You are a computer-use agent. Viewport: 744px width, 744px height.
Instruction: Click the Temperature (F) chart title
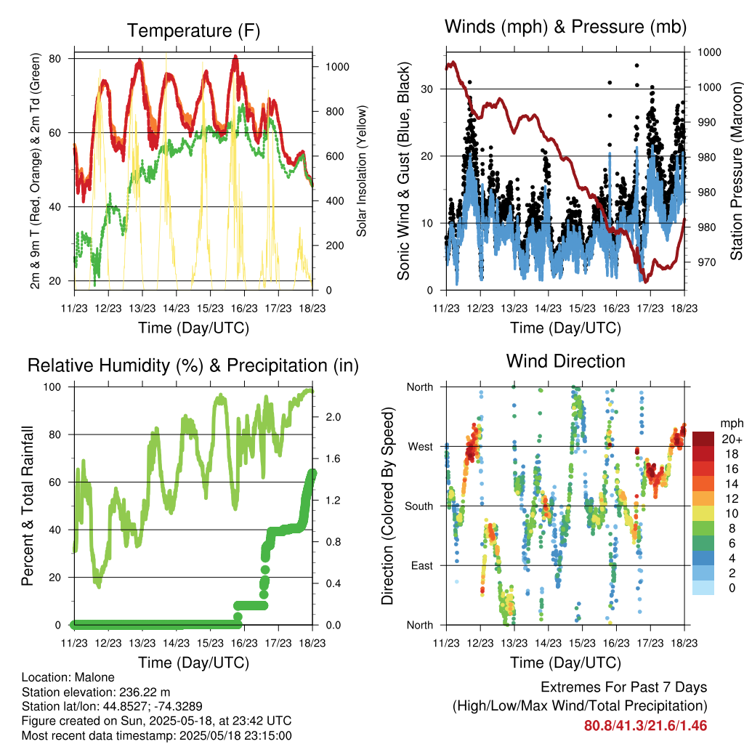pos(193,31)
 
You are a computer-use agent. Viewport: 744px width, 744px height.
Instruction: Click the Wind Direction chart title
pos(565,361)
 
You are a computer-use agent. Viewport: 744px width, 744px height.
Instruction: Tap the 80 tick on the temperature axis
pos(55,59)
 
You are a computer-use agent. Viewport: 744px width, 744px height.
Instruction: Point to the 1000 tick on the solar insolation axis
pos(337,67)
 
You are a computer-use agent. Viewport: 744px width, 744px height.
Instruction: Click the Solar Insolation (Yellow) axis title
pos(362,171)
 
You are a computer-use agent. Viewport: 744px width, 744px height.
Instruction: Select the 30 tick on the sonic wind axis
pos(426,89)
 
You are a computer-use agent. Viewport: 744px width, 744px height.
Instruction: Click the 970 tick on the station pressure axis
pos(706,262)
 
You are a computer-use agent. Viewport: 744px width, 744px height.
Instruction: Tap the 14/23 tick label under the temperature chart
pos(176,308)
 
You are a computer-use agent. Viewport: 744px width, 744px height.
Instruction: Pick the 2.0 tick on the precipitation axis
pos(333,417)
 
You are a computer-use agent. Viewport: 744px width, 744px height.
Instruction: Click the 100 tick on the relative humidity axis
pos(52,387)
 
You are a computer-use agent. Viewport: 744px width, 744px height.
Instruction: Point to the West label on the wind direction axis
pos(421,447)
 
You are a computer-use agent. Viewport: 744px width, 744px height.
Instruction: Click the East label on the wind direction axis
pos(422,565)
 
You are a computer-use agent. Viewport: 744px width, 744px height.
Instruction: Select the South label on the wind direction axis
pos(419,506)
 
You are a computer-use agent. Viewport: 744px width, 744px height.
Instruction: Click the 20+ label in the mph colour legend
pos(732,440)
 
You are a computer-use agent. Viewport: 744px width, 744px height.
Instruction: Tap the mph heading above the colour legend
pos(732,424)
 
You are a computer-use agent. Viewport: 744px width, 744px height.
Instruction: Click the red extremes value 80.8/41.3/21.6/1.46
pos(645,726)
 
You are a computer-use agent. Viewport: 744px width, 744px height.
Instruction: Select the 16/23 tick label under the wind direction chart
pos(616,643)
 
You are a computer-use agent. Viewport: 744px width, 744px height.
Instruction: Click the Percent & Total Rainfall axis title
pos(28,506)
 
